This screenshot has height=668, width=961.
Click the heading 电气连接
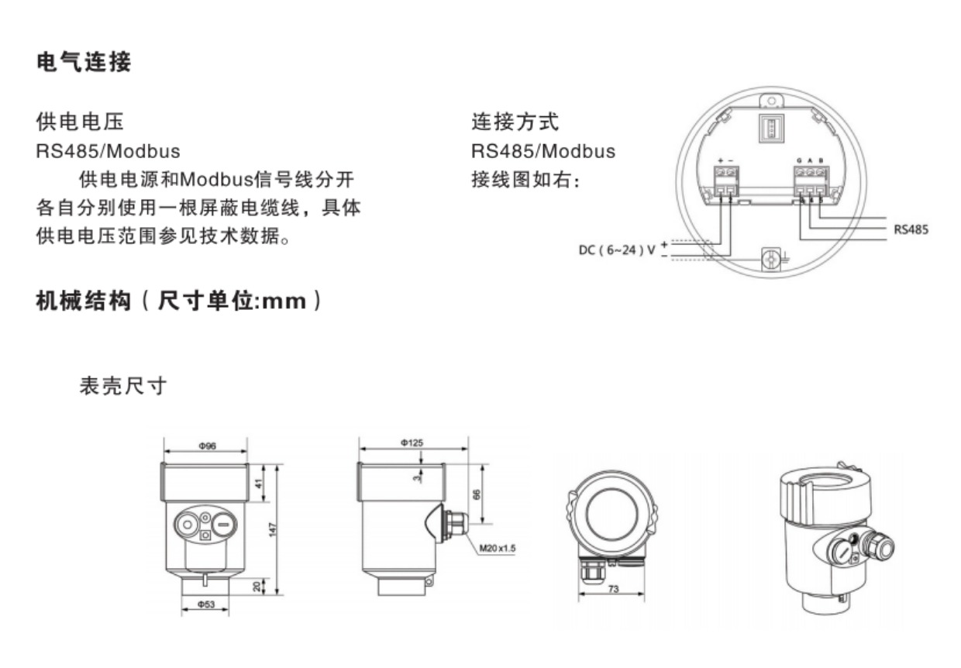point(84,63)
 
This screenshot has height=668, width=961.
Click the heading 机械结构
point(84,301)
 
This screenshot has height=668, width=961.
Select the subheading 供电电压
point(80,122)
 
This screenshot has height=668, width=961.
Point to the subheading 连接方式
point(515,122)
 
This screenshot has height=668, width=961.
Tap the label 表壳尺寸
point(123,385)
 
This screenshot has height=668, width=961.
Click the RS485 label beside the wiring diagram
point(910,229)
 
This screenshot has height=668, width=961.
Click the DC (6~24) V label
point(617,250)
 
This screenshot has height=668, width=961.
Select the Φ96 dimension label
point(206,446)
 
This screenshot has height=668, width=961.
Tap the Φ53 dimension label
point(206,604)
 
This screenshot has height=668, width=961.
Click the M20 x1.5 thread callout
point(497,548)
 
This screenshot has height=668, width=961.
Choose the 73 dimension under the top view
point(613,590)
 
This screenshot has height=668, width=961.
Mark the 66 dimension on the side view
point(477,494)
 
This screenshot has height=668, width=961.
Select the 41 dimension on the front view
point(260,484)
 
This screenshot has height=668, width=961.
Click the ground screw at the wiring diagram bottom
point(772,258)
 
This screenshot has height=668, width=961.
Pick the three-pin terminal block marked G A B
point(809,183)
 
